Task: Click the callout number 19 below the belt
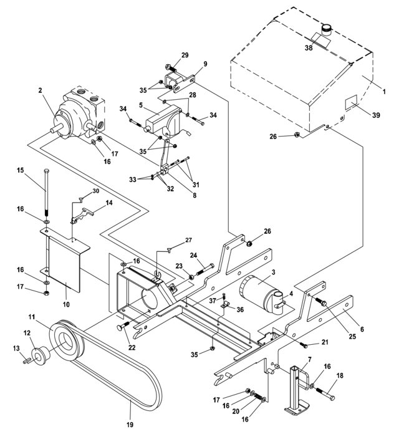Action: tap(130, 425)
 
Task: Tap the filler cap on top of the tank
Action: tap(326, 29)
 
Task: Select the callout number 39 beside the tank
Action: tap(376, 115)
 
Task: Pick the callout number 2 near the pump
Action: tap(41, 90)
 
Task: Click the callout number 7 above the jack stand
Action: tap(309, 359)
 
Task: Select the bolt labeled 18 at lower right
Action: tap(325, 393)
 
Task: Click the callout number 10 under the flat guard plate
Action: tap(66, 304)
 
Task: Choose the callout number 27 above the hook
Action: tap(188, 240)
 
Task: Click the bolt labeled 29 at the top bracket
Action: tap(171, 68)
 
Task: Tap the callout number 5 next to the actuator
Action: tap(141, 105)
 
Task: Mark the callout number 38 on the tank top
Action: tap(309, 48)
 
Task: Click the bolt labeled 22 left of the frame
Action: tap(123, 326)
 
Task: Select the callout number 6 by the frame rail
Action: tap(362, 329)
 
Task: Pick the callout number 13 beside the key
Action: tap(16, 348)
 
